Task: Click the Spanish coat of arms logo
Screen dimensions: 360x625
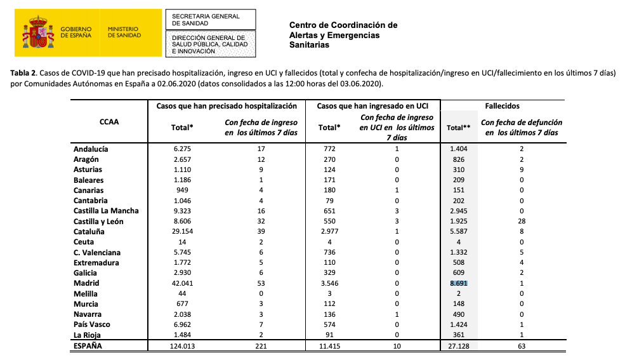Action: pyautogui.click(x=38, y=33)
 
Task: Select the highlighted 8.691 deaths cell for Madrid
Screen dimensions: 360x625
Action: pyautogui.click(x=458, y=283)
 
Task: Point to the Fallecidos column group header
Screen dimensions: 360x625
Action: pyautogui.click(x=520, y=106)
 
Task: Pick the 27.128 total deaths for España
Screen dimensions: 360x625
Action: pyautogui.click(x=458, y=347)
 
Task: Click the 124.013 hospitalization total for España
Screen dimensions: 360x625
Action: pyautogui.click(x=182, y=347)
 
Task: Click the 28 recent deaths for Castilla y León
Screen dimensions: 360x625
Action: pyautogui.click(x=521, y=222)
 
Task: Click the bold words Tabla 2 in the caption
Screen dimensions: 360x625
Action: pyautogui.click(x=24, y=74)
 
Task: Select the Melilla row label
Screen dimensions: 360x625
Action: pyautogui.click(x=88, y=294)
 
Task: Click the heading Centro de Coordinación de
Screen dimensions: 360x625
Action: pyautogui.click(x=343, y=25)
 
